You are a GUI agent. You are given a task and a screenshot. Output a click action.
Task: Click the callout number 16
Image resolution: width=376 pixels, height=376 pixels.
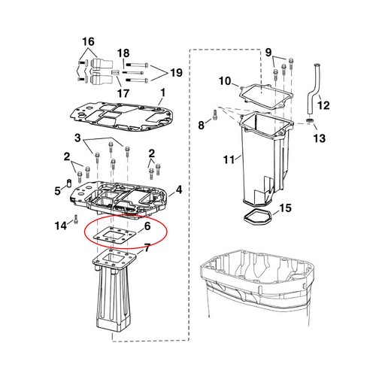pos(89,41)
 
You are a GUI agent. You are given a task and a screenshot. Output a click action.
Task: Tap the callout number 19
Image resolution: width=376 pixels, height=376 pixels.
pos(176,73)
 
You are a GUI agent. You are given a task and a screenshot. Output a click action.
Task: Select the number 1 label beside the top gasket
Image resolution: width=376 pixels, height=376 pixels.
pos(162,92)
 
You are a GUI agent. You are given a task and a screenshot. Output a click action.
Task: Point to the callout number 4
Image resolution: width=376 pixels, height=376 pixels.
pos(178,190)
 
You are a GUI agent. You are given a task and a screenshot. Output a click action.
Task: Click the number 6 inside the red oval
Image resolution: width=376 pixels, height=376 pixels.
pos(147,226)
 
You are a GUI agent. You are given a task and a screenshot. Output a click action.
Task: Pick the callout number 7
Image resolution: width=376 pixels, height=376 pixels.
pos(147,247)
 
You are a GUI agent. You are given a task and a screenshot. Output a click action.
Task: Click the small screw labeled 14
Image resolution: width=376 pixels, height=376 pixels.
pos(77,221)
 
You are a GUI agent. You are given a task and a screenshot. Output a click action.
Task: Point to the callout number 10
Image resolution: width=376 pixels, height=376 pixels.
pos(225,80)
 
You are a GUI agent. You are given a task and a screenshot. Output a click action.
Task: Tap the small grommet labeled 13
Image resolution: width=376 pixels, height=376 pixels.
pos(311,120)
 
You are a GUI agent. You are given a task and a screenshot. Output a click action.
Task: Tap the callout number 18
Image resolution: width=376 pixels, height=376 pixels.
pos(123,53)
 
